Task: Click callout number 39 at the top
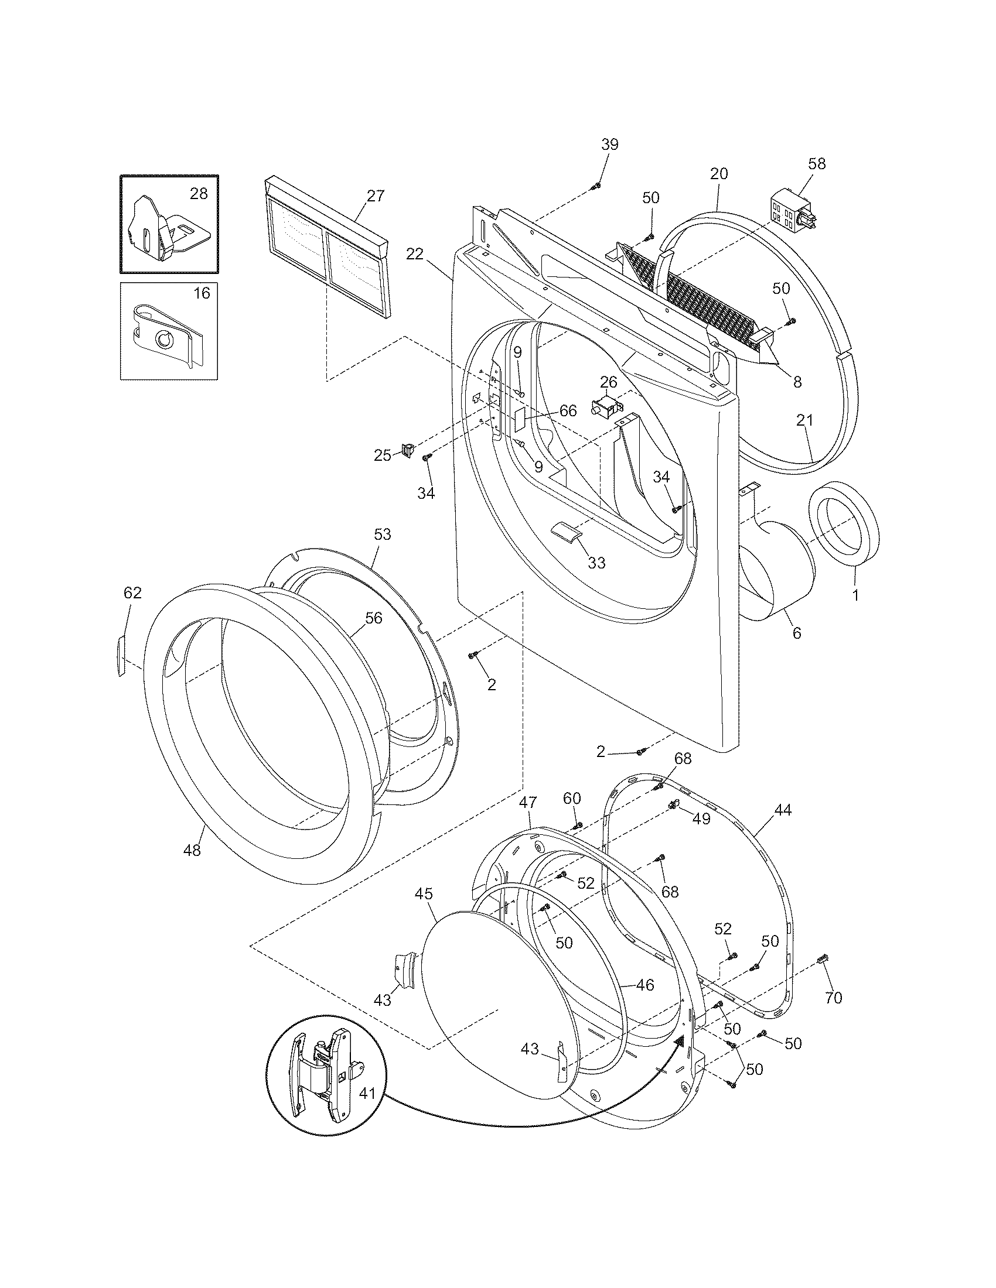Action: [609, 145]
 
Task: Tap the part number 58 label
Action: [817, 163]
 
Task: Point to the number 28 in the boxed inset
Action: [198, 193]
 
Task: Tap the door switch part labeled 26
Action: [606, 407]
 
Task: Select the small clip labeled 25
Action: [407, 451]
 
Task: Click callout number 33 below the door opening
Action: [596, 563]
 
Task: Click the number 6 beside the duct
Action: [797, 633]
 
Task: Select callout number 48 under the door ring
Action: [192, 850]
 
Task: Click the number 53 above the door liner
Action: [383, 535]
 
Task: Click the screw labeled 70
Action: [821, 960]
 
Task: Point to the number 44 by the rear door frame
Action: [782, 810]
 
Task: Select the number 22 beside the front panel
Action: [415, 254]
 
